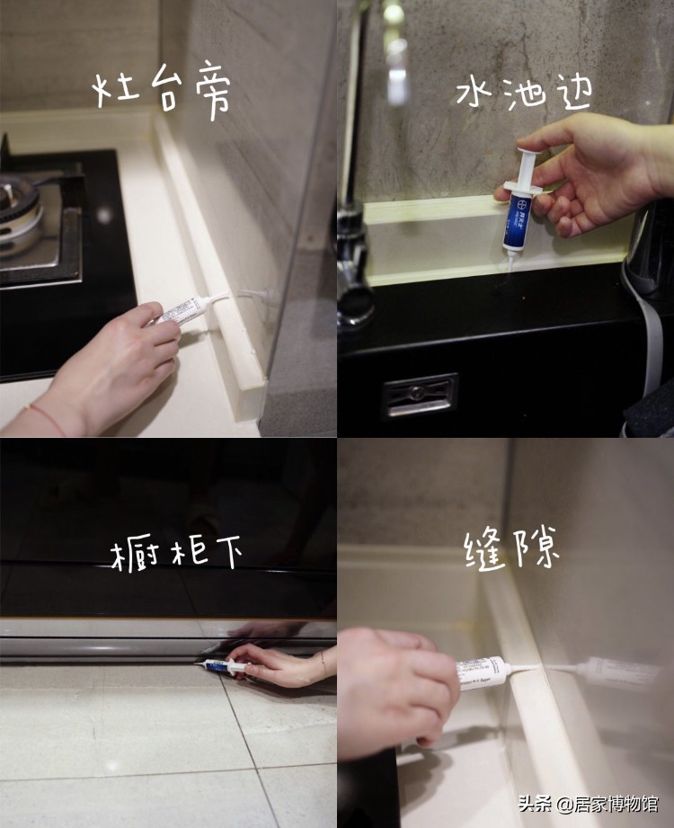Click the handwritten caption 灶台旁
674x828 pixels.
pos(163,91)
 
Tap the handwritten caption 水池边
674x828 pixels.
pos(511,93)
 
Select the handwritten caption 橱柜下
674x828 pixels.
pos(177,553)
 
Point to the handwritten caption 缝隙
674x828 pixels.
pos(512,548)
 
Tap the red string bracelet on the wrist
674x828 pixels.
pos(45,419)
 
